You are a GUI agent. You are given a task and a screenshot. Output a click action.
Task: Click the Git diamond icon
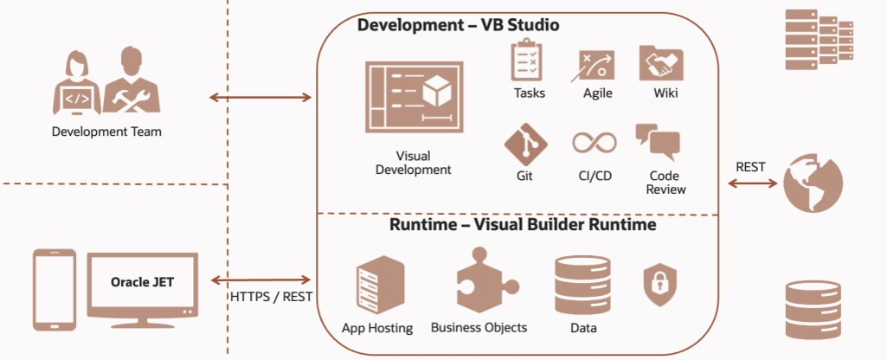point(526,143)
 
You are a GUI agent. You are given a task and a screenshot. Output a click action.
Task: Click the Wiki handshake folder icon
point(661,63)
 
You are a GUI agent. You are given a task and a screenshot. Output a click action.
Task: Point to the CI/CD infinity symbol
point(594,143)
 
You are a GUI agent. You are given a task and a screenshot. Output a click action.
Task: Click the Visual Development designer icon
point(413,97)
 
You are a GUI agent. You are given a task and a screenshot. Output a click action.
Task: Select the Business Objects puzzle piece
point(479,280)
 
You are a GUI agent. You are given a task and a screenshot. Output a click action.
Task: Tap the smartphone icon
point(54,290)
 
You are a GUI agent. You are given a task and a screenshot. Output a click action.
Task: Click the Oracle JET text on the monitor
point(141,282)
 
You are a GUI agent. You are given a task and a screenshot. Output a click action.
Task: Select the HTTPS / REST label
point(270,297)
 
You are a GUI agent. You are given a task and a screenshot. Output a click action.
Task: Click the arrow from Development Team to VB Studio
point(260,98)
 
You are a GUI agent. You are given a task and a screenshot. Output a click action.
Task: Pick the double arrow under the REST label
point(751,183)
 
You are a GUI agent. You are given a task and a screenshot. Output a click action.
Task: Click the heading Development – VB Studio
point(458,25)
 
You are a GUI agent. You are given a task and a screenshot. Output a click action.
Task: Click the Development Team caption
point(106,132)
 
